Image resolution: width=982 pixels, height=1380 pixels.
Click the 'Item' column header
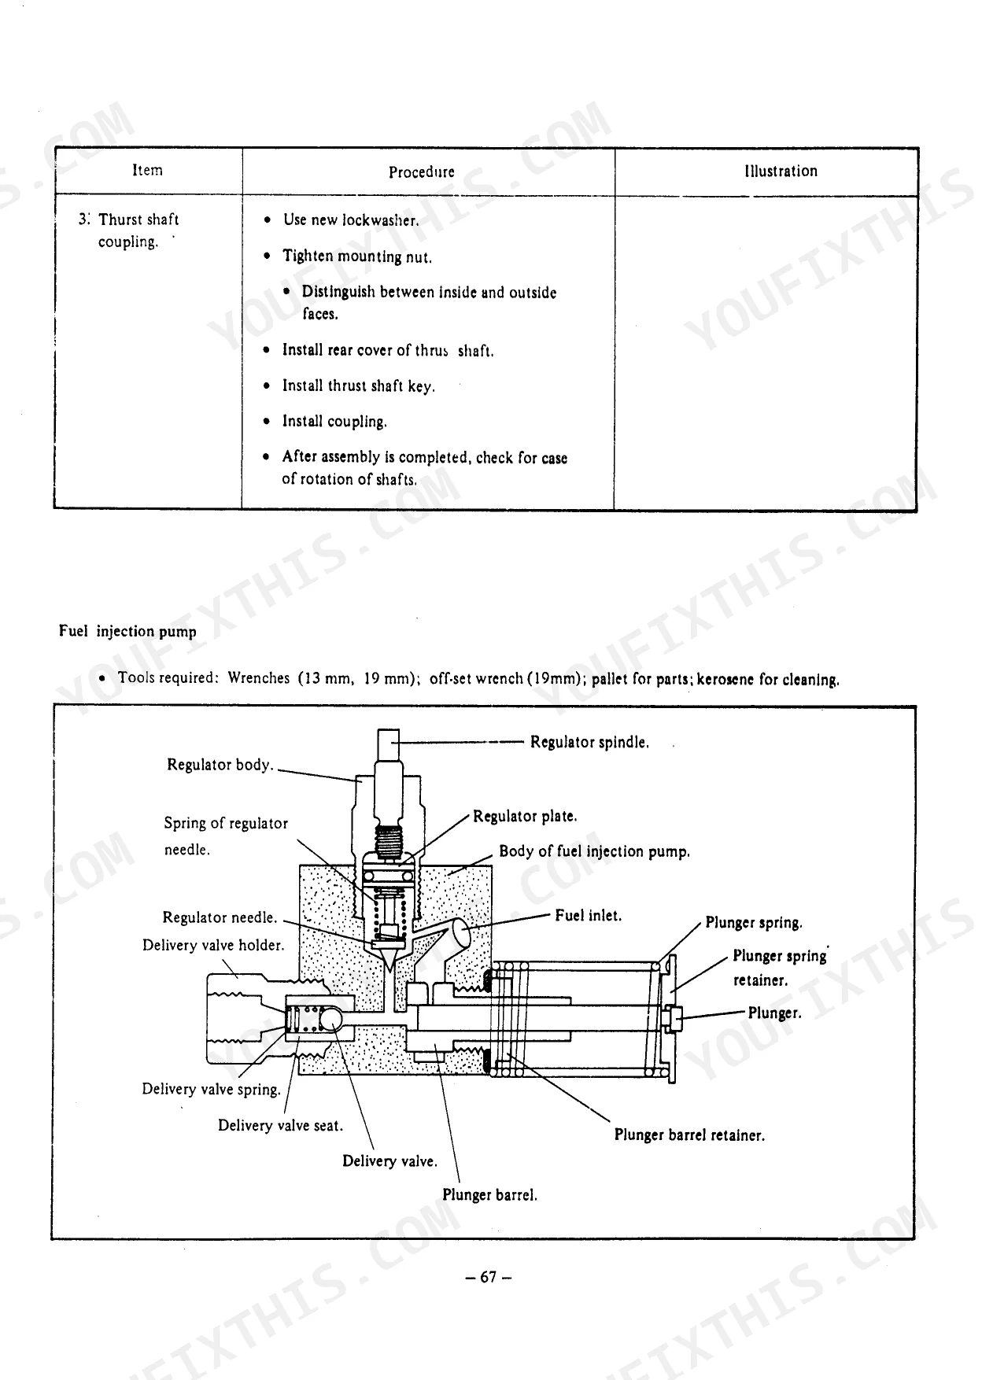[147, 170]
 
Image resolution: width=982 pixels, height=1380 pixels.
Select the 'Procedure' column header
[421, 172]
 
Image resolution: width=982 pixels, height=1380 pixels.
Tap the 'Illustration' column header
[781, 171]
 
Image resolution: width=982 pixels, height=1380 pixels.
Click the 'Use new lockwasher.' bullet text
[351, 220]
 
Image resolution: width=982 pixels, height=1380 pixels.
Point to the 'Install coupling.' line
[334, 422]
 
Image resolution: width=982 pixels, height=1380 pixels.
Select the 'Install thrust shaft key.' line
[358, 386]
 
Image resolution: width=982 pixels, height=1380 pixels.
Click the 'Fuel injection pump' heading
[127, 631]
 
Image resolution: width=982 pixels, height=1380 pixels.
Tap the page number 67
[489, 1277]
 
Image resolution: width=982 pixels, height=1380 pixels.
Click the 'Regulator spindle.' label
[589, 742]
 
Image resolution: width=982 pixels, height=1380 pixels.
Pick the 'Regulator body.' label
[220, 765]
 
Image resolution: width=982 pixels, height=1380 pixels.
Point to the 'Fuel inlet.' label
[589, 916]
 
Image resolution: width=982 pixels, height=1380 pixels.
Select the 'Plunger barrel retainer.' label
[689, 1135]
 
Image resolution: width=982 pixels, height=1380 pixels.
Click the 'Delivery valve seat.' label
[281, 1125]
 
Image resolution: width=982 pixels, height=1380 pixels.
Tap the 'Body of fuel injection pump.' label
[595, 851]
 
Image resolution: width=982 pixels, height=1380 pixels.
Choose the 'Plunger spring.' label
[754, 923]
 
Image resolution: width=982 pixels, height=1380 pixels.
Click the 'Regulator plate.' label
[525, 817]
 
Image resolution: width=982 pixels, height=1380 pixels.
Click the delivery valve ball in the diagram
[330, 1020]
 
